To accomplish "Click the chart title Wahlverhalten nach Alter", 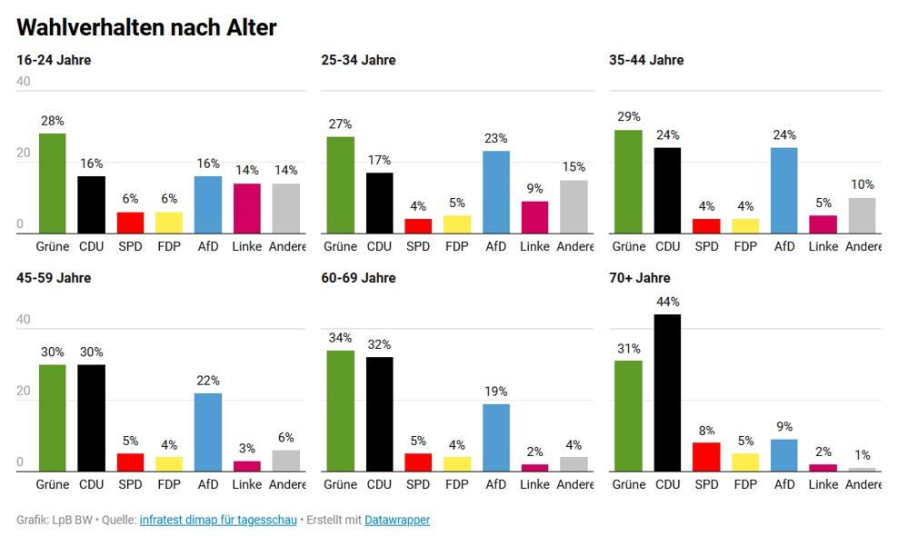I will (146, 27).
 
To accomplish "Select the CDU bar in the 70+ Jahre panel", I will (667, 392).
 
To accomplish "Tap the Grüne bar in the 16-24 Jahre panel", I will (53, 184).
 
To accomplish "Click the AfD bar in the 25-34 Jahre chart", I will (495, 193).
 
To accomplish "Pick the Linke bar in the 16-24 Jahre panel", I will (246, 209).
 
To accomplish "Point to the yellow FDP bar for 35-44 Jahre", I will (744, 226).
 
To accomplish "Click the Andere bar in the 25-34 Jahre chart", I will (574, 207).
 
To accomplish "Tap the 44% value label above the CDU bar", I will (667, 302).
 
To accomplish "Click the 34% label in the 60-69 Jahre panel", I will (340, 338).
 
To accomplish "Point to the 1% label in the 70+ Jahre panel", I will (863, 455).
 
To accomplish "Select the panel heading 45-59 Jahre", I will (55, 278).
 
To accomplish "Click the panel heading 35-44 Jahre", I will (646, 60).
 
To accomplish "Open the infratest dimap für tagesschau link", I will (218, 520).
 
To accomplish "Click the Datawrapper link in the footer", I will (397, 520).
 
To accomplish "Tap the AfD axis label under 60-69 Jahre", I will (495, 484).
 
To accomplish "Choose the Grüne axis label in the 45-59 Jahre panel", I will (53, 484).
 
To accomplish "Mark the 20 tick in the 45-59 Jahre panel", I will (24, 392).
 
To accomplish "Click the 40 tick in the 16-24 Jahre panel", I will (24, 81).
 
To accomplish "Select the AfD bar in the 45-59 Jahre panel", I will (207, 432).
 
